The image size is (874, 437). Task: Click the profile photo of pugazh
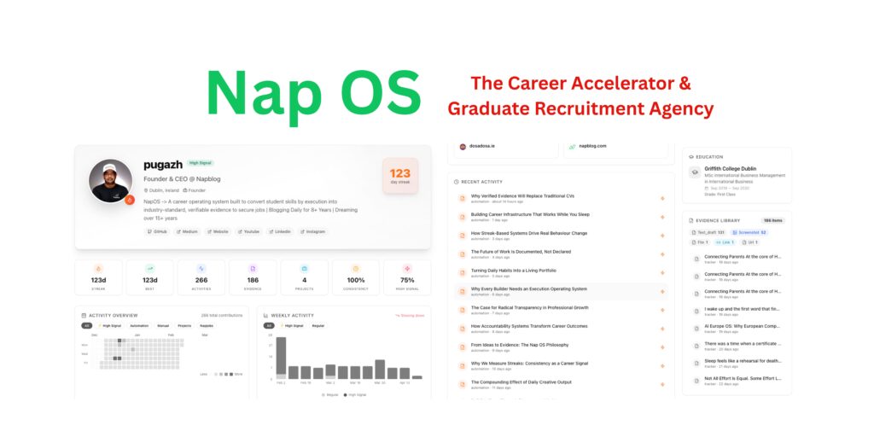pos(111,181)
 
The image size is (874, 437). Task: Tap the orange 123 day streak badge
pos(399,177)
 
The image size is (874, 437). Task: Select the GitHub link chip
pos(156,231)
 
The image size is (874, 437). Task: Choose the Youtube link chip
pos(250,231)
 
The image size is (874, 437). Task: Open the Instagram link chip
pos(312,231)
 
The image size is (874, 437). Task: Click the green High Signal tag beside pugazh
pos(201,162)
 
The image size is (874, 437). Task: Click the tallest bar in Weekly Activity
pos(281,357)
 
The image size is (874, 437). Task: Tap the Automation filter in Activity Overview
pos(139,325)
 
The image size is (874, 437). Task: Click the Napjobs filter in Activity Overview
pos(207,325)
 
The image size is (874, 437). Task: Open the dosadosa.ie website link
pos(485,146)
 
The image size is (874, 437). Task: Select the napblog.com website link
pos(591,146)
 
